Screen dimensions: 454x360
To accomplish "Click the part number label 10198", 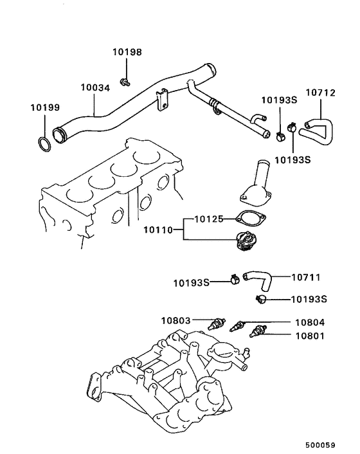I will point(127,52).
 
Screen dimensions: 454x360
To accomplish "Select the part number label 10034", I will point(95,87).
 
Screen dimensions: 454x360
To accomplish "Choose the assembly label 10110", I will point(159,229).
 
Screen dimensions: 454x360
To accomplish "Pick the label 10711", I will point(305,278).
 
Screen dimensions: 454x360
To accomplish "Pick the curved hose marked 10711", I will point(258,280).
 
